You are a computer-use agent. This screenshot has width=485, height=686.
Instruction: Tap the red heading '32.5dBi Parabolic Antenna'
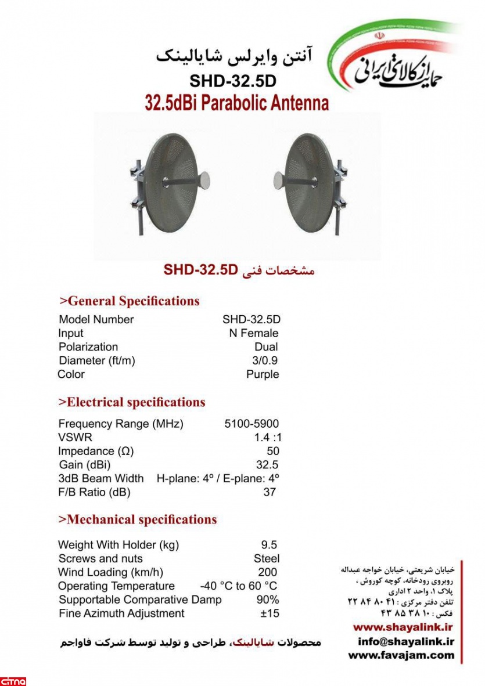(236, 103)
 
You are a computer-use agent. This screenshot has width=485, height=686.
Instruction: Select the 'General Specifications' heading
(130, 301)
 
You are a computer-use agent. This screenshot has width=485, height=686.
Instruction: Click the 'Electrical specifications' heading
(132, 402)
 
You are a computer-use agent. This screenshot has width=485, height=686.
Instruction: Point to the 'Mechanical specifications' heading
(138, 519)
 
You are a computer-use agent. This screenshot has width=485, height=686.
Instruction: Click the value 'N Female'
(253, 333)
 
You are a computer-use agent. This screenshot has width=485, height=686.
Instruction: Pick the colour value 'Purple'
(263, 374)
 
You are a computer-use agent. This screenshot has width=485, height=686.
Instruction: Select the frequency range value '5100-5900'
(252, 424)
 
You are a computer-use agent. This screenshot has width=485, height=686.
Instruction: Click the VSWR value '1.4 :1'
(267, 438)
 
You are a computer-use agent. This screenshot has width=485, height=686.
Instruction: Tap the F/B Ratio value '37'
(270, 492)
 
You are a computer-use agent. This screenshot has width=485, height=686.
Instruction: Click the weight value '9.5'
(269, 545)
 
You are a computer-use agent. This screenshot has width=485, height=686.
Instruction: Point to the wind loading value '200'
(267, 572)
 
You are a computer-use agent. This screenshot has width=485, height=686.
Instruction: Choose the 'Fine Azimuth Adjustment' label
(121, 613)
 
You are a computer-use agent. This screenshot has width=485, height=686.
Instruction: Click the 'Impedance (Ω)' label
(96, 451)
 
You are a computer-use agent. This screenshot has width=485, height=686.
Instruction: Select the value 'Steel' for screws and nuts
(267, 558)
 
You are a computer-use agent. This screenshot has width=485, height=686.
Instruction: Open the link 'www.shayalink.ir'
(403, 627)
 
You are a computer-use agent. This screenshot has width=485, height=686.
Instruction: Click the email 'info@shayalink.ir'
(405, 641)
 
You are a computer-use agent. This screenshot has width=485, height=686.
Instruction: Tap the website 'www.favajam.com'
(401, 655)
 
